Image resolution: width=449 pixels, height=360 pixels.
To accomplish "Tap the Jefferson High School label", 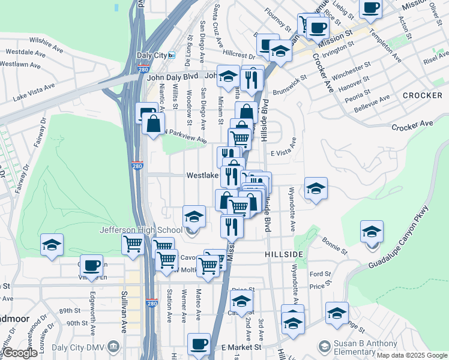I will pos(141,230).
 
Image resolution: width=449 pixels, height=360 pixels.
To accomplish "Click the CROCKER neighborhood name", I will pos(422,95).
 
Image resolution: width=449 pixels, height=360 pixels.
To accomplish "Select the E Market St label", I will pos(241,347).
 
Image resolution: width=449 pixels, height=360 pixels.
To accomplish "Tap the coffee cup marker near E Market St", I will pos(199,344).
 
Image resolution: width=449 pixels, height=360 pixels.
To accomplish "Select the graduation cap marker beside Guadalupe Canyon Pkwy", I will pos(372,232).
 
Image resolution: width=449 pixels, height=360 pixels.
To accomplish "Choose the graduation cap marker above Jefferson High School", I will pos(193,216).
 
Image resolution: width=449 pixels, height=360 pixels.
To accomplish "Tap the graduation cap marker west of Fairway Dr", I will pos(52,245).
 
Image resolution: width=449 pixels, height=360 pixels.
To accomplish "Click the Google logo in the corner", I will pos(20,353).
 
